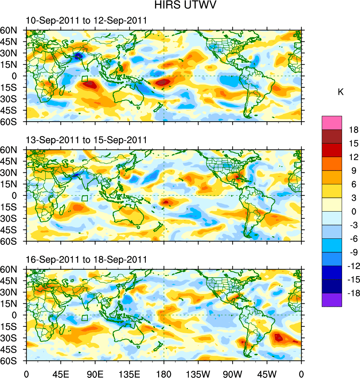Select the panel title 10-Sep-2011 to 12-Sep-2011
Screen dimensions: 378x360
tap(86, 21)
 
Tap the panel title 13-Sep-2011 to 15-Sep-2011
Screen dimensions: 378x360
tap(86, 140)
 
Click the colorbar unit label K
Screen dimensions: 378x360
tap(341, 92)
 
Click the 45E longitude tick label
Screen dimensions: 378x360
tap(61, 374)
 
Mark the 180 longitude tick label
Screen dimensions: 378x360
tap(164, 374)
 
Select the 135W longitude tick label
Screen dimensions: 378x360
tap(198, 374)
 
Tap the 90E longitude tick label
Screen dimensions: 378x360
tap(95, 374)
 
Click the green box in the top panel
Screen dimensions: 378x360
tap(85, 79)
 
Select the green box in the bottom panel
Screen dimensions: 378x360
tap(85, 318)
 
